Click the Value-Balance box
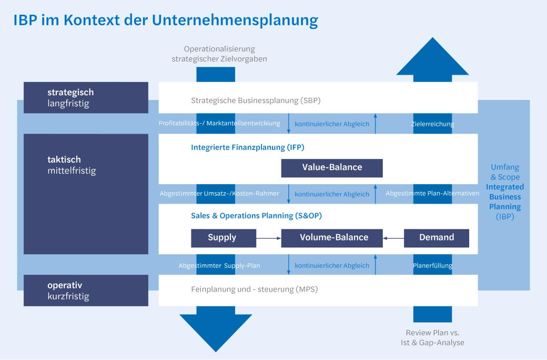pos(332,168)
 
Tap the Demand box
pos(436,238)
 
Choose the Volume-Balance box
pos(332,238)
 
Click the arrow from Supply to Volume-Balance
pos(268,238)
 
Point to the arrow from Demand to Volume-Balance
pos(393,238)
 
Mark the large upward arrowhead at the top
pos(432,58)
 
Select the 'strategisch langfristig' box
pos(86,98)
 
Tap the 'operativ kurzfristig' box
pos(86,291)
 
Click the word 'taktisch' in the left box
pos(64,159)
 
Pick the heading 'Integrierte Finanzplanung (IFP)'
pos(247,148)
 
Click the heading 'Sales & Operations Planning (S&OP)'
pos(256,216)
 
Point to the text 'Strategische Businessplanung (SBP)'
pos(256,101)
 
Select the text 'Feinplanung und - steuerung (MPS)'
pos(255,289)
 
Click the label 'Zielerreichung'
pos(432,124)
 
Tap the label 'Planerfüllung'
pos(432,266)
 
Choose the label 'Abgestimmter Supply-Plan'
pos(219,266)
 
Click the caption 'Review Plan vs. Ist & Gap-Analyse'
pos(432,338)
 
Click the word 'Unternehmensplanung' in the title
pos(235,20)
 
